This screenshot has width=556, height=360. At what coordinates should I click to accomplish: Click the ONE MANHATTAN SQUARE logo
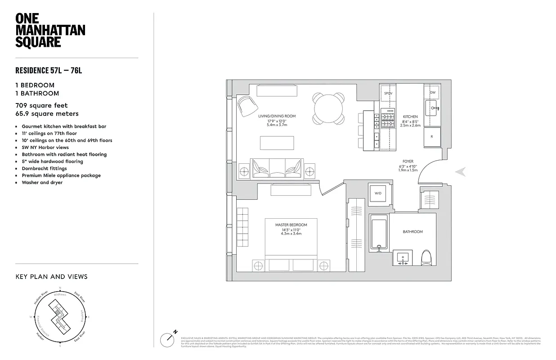click(50, 30)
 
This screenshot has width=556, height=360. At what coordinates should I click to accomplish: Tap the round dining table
click(329, 108)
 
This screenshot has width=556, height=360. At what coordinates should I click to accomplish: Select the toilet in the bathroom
click(426, 260)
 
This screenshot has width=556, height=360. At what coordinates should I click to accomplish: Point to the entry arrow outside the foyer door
click(460, 171)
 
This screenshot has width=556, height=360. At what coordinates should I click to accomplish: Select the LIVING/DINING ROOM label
click(277, 116)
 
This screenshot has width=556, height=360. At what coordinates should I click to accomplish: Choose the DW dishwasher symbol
click(432, 92)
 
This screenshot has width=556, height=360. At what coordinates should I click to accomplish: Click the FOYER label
click(408, 161)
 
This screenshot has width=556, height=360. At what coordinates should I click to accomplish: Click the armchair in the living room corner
click(247, 106)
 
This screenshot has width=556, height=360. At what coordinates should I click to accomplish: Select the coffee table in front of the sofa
click(277, 143)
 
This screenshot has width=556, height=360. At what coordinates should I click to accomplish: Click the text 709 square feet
click(41, 106)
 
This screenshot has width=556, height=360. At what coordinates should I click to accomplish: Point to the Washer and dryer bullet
click(42, 183)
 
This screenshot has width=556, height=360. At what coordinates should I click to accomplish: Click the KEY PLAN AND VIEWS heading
click(51, 277)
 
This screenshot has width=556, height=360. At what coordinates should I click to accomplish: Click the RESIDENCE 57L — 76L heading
click(49, 70)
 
